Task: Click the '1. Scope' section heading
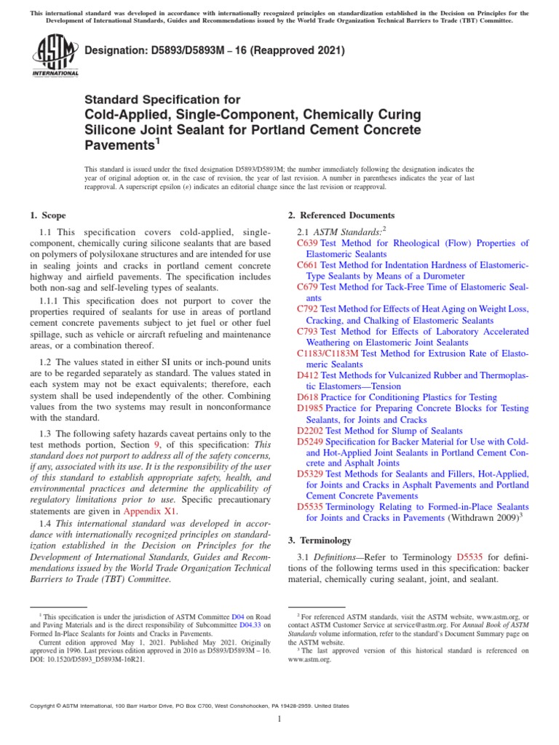[x=48, y=215]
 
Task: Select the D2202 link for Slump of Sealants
[x=310, y=431]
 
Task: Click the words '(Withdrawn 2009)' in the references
[x=480, y=518]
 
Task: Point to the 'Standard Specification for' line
[x=162, y=99]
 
